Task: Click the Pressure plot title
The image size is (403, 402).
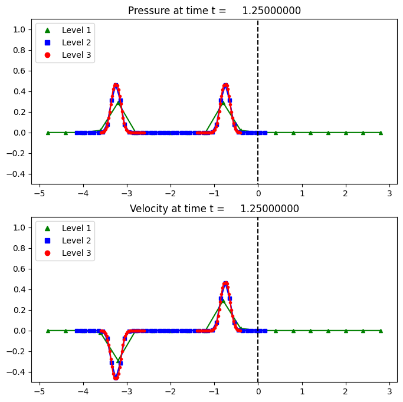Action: pyautogui.click(x=214, y=11)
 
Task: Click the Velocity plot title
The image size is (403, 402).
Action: pyautogui.click(x=214, y=209)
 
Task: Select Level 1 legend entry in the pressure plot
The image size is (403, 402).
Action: pyautogui.click(x=64, y=29)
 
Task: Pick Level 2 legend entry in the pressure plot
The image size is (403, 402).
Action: pyautogui.click(x=64, y=42)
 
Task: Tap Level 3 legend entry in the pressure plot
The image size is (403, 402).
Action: pyautogui.click(x=64, y=55)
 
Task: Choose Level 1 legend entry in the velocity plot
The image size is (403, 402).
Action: pyautogui.click(x=64, y=228)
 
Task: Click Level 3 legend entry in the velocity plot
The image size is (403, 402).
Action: pyautogui.click(x=64, y=253)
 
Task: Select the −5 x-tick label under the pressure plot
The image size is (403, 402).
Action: pyautogui.click(x=40, y=193)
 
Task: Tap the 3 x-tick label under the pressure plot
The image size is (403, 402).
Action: pyautogui.click(x=389, y=193)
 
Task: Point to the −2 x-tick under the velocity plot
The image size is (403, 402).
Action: pyautogui.click(x=171, y=391)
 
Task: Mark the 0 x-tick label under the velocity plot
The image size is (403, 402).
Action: pyautogui.click(x=258, y=391)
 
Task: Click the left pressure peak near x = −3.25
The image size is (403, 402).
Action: pyautogui.click(x=116, y=85)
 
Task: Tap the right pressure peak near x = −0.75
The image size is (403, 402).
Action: pyautogui.click(x=225, y=85)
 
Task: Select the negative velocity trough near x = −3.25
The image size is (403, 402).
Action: pyautogui.click(x=116, y=377)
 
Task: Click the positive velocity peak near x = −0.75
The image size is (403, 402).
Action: pyautogui.click(x=225, y=284)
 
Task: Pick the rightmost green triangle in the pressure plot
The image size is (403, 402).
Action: pyautogui.click(x=381, y=133)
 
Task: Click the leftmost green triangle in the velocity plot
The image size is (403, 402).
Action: pyautogui.click(x=48, y=331)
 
